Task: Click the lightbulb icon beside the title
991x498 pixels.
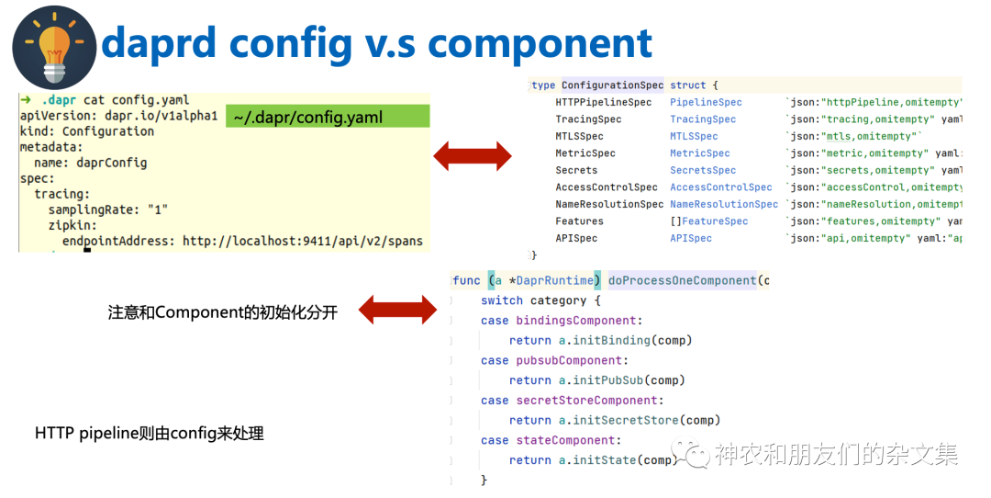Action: point(54,46)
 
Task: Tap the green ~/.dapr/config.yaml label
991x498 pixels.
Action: point(307,117)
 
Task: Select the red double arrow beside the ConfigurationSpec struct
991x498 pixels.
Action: point(472,155)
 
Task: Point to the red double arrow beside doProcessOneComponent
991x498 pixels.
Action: point(397,310)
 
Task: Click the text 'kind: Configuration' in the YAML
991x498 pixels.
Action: point(87,131)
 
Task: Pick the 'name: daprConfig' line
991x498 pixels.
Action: point(90,163)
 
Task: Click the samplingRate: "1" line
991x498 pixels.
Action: point(108,209)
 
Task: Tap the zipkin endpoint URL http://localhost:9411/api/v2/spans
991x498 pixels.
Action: point(303,241)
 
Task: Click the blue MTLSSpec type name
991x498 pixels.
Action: point(695,136)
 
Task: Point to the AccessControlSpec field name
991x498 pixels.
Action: point(606,187)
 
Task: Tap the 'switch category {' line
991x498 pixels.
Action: point(540,300)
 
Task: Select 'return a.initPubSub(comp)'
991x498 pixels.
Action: point(597,380)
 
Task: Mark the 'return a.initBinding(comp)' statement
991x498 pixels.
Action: point(600,340)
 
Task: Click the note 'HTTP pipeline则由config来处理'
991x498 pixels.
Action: point(150,433)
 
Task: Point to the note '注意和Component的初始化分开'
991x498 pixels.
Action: point(223,312)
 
